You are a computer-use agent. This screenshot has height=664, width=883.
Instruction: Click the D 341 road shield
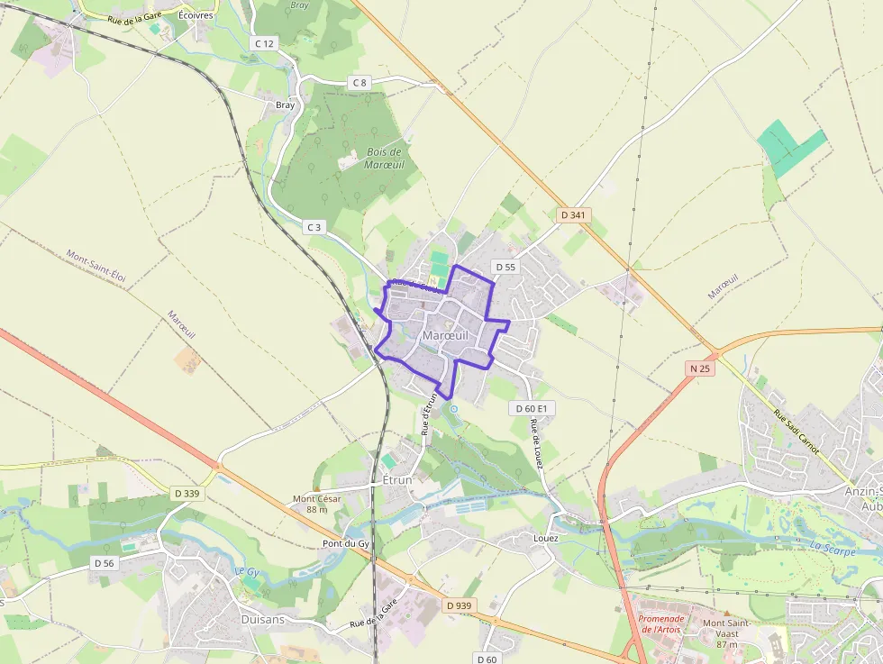573,215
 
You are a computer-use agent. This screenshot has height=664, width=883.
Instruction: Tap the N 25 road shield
700,368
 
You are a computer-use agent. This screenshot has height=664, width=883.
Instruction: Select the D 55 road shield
505,268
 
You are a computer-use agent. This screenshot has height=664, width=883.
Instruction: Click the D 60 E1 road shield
532,408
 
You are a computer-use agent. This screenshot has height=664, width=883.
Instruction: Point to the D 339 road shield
187,494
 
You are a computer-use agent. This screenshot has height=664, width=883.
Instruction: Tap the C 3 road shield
314,227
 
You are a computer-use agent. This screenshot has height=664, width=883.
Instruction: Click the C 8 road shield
360,83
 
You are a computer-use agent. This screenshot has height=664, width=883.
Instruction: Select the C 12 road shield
264,43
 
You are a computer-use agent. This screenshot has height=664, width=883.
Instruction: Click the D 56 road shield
105,562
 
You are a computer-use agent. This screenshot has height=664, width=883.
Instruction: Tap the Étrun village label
397,480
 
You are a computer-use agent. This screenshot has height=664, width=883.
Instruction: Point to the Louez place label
545,538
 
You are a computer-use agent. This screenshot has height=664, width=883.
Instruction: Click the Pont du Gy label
346,544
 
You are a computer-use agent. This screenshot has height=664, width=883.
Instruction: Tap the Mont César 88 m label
310,504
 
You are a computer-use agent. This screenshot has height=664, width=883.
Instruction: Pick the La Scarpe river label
832,547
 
